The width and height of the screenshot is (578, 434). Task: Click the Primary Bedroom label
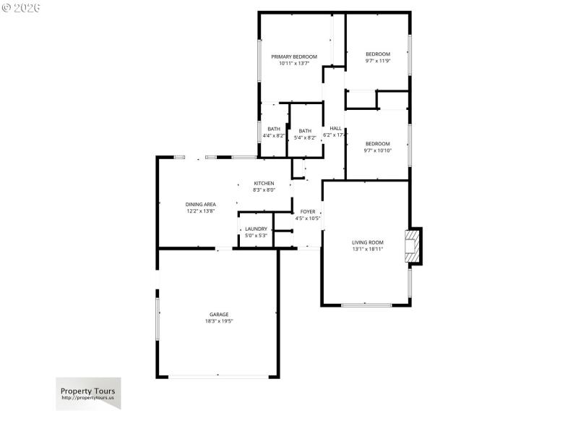point(294,56)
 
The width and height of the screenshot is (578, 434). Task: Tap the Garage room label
point(219,314)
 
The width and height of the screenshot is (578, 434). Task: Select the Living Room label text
point(367,242)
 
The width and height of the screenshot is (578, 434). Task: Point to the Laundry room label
point(256,229)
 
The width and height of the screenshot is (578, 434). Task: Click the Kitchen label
point(264,183)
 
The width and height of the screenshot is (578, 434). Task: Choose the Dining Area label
point(201,205)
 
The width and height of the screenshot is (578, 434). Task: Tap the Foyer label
point(308,211)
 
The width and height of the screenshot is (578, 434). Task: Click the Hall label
point(335,128)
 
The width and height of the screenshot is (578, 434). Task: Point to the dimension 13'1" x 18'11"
point(367,249)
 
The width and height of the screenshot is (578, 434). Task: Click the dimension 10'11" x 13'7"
point(294,63)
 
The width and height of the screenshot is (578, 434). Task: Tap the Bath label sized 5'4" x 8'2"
point(305,131)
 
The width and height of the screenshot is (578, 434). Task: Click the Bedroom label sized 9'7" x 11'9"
point(377,54)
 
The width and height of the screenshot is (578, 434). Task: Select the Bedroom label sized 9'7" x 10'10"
point(377,144)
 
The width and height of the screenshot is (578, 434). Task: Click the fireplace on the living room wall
point(413,245)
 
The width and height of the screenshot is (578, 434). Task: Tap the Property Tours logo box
point(88,393)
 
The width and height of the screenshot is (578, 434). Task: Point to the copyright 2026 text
point(21,8)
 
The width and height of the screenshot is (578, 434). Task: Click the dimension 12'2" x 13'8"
point(201,211)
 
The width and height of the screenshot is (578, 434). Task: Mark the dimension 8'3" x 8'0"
point(264,190)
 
